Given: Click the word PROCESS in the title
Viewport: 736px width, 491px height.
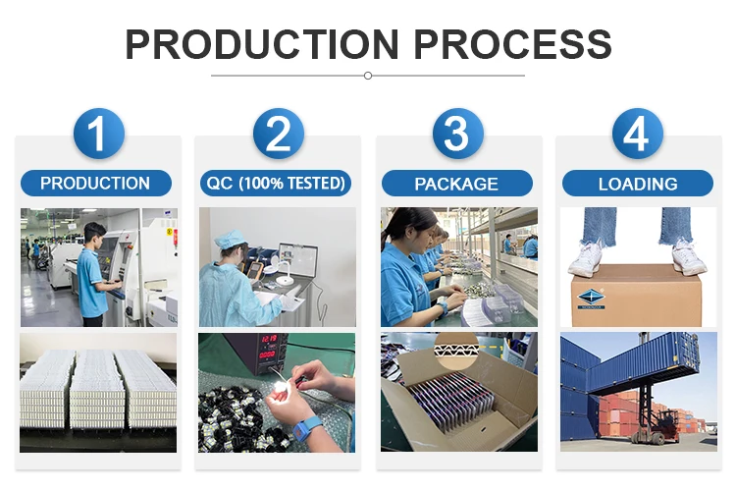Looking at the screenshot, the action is [x=512, y=44].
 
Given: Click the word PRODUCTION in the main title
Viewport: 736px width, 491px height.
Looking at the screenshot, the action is [x=262, y=44].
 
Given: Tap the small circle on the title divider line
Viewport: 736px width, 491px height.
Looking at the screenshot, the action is [x=368, y=76].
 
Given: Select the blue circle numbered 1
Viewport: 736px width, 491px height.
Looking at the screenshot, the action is [x=98, y=134].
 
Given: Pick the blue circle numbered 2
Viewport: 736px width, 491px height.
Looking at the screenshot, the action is [x=279, y=134].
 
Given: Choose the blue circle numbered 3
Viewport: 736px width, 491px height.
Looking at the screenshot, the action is [x=457, y=134].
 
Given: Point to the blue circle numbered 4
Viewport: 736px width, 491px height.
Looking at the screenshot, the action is [x=638, y=134].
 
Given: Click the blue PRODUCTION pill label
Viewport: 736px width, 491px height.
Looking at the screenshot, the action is [x=96, y=184].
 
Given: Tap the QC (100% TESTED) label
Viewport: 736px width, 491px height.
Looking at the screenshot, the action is [x=276, y=184].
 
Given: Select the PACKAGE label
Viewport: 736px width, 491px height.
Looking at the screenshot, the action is [x=456, y=184].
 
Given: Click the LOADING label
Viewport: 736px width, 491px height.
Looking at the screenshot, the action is [x=638, y=184].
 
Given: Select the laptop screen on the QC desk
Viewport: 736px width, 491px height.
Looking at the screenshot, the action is [x=298, y=260].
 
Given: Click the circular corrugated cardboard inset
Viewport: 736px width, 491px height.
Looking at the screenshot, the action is [x=456, y=351].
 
